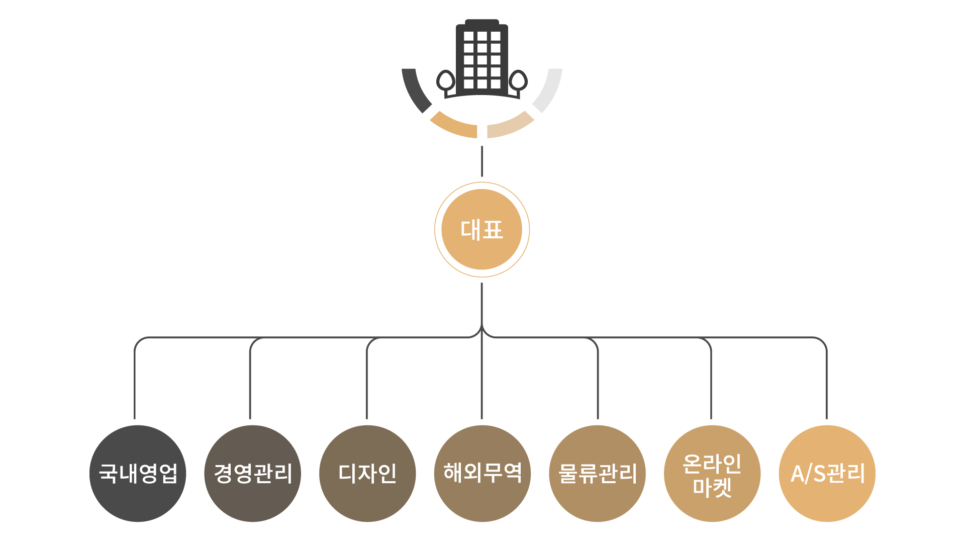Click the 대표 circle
pos(481,230)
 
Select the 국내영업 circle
pos(138,474)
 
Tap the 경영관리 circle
pos(252,474)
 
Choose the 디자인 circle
pos(367,474)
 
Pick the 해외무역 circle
pos(482,474)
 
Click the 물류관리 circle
pos(597,474)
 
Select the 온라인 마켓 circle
pos(712,474)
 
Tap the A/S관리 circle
pos(827,474)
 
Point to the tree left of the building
pos(445,81)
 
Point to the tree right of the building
pos(518,81)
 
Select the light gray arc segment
pos(549,91)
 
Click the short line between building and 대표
pos(481,161)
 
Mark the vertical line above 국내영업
pos(135,382)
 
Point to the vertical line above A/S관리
pos(826,382)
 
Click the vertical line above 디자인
pos(367,382)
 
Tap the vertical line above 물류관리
pos(598,382)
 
